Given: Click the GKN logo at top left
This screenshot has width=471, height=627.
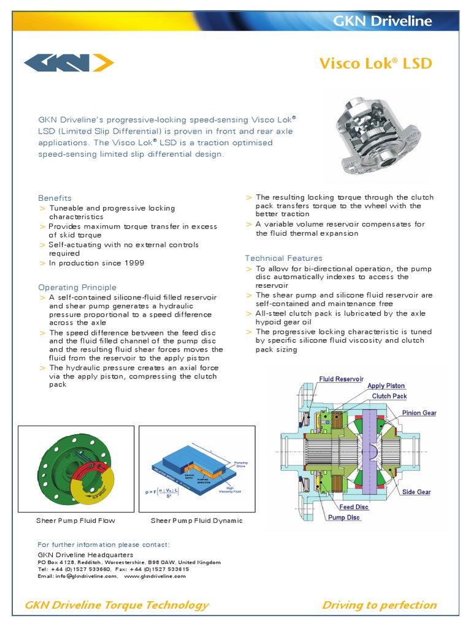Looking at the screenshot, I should pos(69,63).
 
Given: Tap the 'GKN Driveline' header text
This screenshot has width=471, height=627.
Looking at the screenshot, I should pos(382,21).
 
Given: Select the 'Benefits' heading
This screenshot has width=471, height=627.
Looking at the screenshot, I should pos(55,198).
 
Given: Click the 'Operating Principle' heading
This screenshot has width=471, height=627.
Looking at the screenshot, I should pos(77,287).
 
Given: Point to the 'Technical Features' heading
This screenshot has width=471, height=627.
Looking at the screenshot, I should pos(283,258).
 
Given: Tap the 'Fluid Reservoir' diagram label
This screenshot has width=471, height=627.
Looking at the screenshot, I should pos(342,379).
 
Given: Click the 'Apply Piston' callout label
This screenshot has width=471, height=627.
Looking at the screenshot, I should pos(386,386).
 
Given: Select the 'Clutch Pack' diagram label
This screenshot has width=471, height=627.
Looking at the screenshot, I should pos(389,396).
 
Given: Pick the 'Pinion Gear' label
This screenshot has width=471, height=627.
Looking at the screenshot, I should pos(419,413).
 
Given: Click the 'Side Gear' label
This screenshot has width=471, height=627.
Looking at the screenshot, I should pos(416,492).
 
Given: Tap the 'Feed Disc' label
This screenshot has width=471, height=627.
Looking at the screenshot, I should pos(354,507).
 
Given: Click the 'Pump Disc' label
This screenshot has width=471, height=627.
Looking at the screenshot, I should pos(344,517).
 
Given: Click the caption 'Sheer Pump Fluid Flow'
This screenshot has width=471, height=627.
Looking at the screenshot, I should pos(75,520).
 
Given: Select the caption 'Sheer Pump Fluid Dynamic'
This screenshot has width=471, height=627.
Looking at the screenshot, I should pos(196,520).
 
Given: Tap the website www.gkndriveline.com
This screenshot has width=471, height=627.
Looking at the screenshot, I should pos(155,576).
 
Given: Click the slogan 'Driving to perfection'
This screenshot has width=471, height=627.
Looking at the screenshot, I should pos(379,605).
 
